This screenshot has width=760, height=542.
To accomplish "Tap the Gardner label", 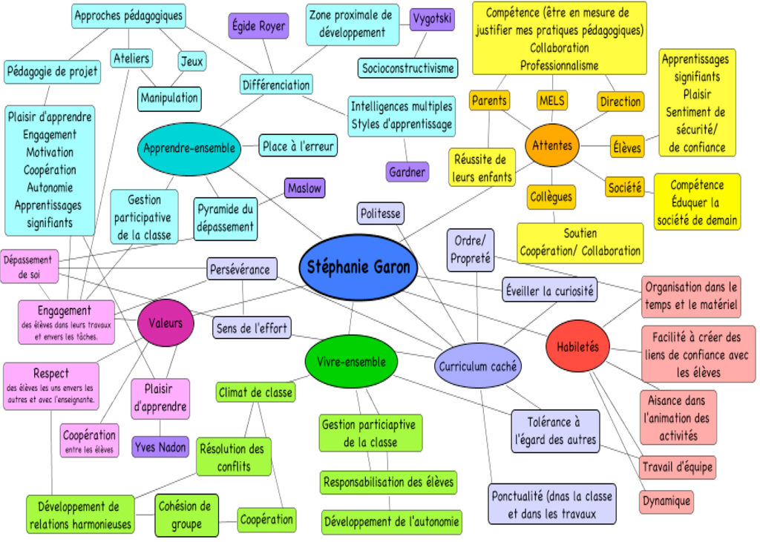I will (407, 172).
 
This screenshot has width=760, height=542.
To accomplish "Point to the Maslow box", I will (304, 188).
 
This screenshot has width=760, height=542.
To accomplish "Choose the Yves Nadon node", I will (160, 447).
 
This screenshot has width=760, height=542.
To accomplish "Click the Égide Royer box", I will (258, 26).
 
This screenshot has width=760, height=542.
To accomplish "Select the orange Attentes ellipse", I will (552, 145).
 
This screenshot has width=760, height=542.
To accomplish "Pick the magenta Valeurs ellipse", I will (166, 323).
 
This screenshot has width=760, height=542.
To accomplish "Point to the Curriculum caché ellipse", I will (479, 366).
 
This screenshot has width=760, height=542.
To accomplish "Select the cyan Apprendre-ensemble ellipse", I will (189, 148).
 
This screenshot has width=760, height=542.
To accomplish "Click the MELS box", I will (552, 100).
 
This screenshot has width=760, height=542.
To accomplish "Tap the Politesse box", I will (380, 214).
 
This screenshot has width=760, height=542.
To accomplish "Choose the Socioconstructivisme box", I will (407, 68).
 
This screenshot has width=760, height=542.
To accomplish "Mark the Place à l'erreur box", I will (298, 146).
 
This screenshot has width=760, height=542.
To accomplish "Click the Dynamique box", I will (666, 501).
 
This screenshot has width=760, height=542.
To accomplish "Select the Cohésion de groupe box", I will (186, 515).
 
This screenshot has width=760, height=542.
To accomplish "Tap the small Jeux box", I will (191, 62).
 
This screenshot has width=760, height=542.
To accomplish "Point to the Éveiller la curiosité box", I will (548, 291).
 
